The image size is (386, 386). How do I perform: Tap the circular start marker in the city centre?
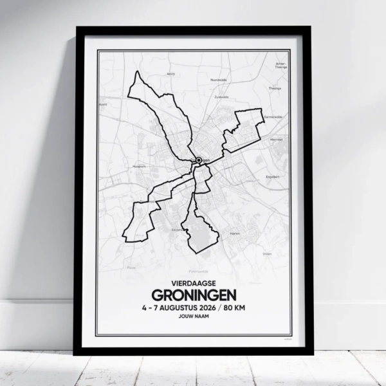(x=199, y=160)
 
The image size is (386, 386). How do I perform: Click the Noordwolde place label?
(x=219, y=79)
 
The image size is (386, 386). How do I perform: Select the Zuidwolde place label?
(x=221, y=96)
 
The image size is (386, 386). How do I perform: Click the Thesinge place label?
(x=275, y=88)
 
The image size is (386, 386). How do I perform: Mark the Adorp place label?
(x=170, y=74)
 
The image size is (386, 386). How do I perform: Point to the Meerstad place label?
(x=277, y=140)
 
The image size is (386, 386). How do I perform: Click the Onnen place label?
(x=267, y=254)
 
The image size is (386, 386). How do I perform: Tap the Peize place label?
(x=131, y=267)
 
